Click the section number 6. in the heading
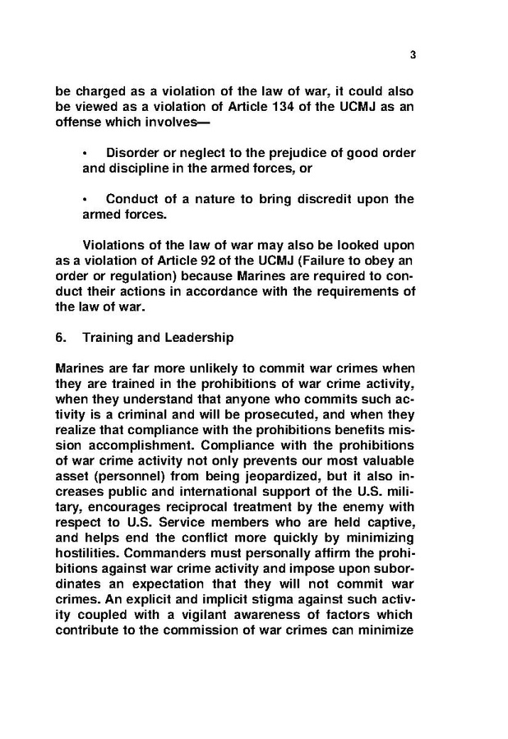pos(61,337)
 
